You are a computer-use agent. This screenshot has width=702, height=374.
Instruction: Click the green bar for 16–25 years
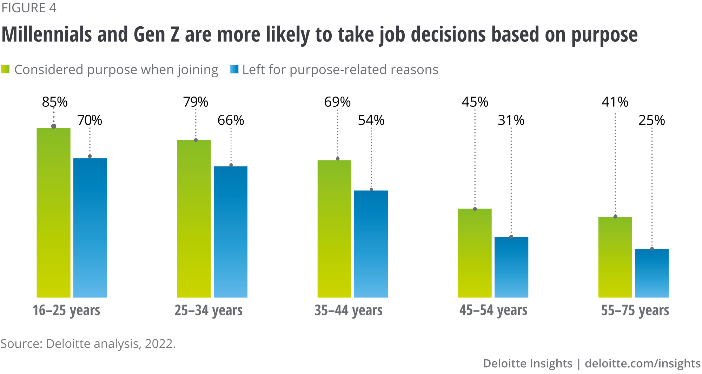(x=54, y=212)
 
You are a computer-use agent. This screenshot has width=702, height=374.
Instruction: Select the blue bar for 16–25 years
(x=90, y=228)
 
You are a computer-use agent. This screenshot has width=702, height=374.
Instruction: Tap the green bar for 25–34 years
(x=194, y=218)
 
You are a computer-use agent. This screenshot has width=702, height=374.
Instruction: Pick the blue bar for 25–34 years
(x=231, y=232)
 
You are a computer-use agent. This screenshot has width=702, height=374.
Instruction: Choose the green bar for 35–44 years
(x=335, y=228)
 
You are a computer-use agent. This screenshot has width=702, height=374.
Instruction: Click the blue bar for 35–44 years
(x=371, y=244)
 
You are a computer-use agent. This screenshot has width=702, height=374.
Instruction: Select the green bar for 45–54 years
(x=475, y=253)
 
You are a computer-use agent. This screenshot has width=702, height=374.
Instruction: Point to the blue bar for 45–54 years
(x=511, y=267)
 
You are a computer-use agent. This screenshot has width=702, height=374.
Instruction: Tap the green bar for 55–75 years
(x=615, y=257)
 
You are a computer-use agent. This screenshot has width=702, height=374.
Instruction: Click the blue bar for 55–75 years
(x=652, y=273)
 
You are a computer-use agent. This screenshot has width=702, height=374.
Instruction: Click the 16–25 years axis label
(x=66, y=310)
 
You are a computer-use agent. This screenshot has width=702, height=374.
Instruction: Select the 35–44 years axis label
(x=349, y=310)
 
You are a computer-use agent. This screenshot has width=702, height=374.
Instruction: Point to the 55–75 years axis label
(x=635, y=310)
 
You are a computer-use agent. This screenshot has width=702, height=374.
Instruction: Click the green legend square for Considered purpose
(x=5, y=69)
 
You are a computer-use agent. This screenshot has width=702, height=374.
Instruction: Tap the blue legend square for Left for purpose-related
(x=234, y=69)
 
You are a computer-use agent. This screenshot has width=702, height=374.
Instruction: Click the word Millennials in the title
(x=47, y=35)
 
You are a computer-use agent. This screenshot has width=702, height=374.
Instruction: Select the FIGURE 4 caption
(x=29, y=8)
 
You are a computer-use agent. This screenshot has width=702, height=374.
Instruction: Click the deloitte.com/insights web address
(x=643, y=363)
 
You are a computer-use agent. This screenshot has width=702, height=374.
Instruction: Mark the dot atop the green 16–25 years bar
(x=54, y=126)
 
